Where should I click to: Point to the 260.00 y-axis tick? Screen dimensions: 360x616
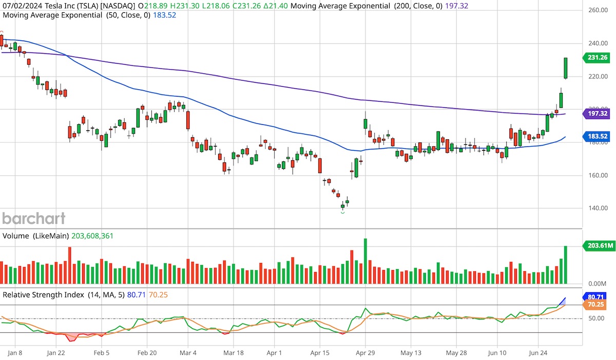pyautogui.click(x=598, y=10)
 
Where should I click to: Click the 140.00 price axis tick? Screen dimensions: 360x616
pyautogui.click(x=598, y=208)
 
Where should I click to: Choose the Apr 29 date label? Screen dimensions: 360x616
pyautogui.click(x=364, y=353)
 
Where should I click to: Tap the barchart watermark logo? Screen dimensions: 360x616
pyautogui.click(x=34, y=218)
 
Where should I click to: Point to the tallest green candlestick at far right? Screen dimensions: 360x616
pyautogui.click(x=566, y=68)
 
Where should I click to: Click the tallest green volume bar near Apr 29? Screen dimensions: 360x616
pyautogui.click(x=365, y=261)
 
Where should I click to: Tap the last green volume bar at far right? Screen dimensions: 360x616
pyautogui.click(x=566, y=265)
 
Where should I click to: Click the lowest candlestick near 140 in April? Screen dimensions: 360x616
pyautogui.click(x=343, y=206)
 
